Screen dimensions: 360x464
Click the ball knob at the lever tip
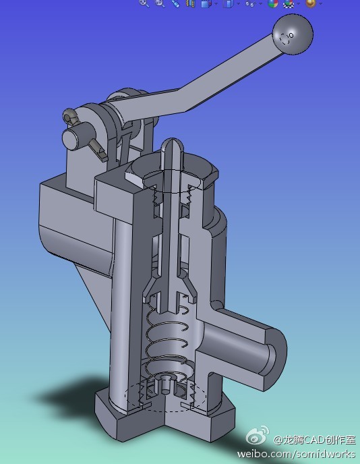(x=293, y=34)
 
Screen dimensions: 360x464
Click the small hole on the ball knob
(x=291, y=35)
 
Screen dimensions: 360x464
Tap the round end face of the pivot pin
(x=69, y=140)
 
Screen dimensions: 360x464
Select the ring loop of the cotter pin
(x=69, y=117)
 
